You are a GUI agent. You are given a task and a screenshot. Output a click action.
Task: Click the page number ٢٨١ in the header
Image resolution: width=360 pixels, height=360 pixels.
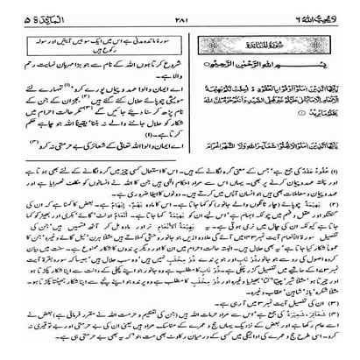coord(181,10)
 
